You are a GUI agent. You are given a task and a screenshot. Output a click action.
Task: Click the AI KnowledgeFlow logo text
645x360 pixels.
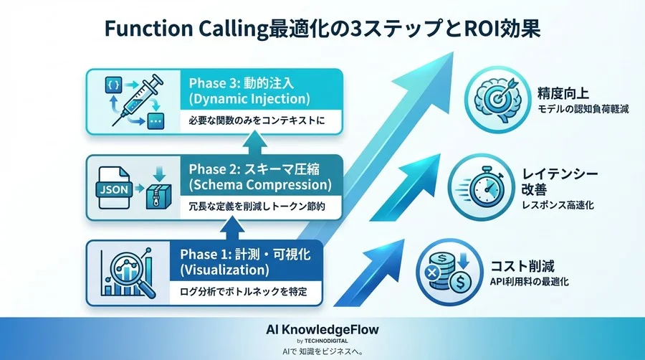(x=322, y=329)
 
